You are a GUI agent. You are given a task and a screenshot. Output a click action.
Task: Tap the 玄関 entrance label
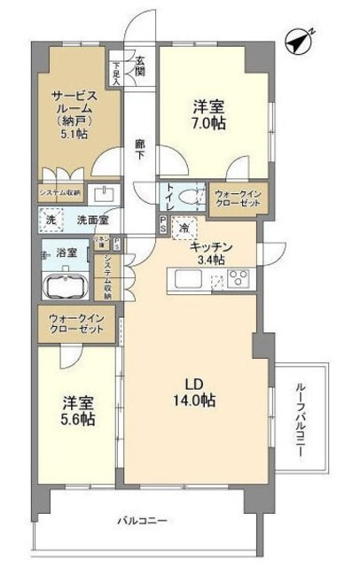(140, 67)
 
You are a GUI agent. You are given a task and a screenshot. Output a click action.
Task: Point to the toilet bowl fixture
(189, 197)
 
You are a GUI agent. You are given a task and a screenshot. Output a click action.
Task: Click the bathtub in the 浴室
(63, 286)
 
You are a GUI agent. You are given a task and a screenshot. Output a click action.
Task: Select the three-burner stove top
(239, 280)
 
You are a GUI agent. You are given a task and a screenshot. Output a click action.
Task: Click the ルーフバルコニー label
(300, 417)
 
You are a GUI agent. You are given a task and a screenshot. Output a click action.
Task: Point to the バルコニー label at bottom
(143, 520)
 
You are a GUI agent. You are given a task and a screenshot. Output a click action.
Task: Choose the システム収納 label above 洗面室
(59, 192)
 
